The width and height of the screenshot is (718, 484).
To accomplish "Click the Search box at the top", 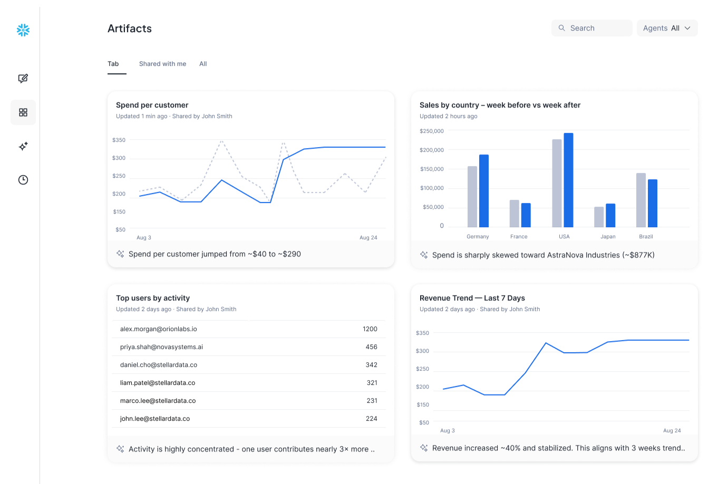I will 591,28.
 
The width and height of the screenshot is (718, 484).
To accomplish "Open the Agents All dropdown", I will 667,28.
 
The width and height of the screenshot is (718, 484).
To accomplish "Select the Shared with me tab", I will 162,64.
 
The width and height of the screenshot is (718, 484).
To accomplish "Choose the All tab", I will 203,64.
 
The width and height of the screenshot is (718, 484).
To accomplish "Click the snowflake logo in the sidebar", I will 23,30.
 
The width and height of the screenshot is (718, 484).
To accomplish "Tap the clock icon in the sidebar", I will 23,180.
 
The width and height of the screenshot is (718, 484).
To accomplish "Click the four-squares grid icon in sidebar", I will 23,112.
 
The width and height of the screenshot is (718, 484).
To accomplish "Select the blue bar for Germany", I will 483,191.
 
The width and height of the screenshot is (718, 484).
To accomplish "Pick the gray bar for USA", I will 557,183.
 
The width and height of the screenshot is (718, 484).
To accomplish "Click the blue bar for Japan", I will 610,215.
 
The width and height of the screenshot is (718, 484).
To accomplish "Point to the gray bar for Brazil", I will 641,200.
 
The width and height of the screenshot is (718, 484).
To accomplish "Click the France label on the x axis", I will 519,237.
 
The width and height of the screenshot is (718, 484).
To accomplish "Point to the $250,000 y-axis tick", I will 432,131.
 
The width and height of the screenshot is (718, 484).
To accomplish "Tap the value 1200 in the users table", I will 370,329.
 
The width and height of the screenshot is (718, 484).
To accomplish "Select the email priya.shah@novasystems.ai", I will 161,347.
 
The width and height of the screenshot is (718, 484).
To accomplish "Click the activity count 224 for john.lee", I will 372,419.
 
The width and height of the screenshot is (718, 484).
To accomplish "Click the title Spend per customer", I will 152,105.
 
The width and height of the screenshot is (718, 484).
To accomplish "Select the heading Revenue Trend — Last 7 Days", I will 472,298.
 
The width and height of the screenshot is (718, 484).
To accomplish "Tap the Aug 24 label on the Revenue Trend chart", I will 672,431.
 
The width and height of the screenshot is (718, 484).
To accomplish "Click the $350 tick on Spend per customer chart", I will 119,140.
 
